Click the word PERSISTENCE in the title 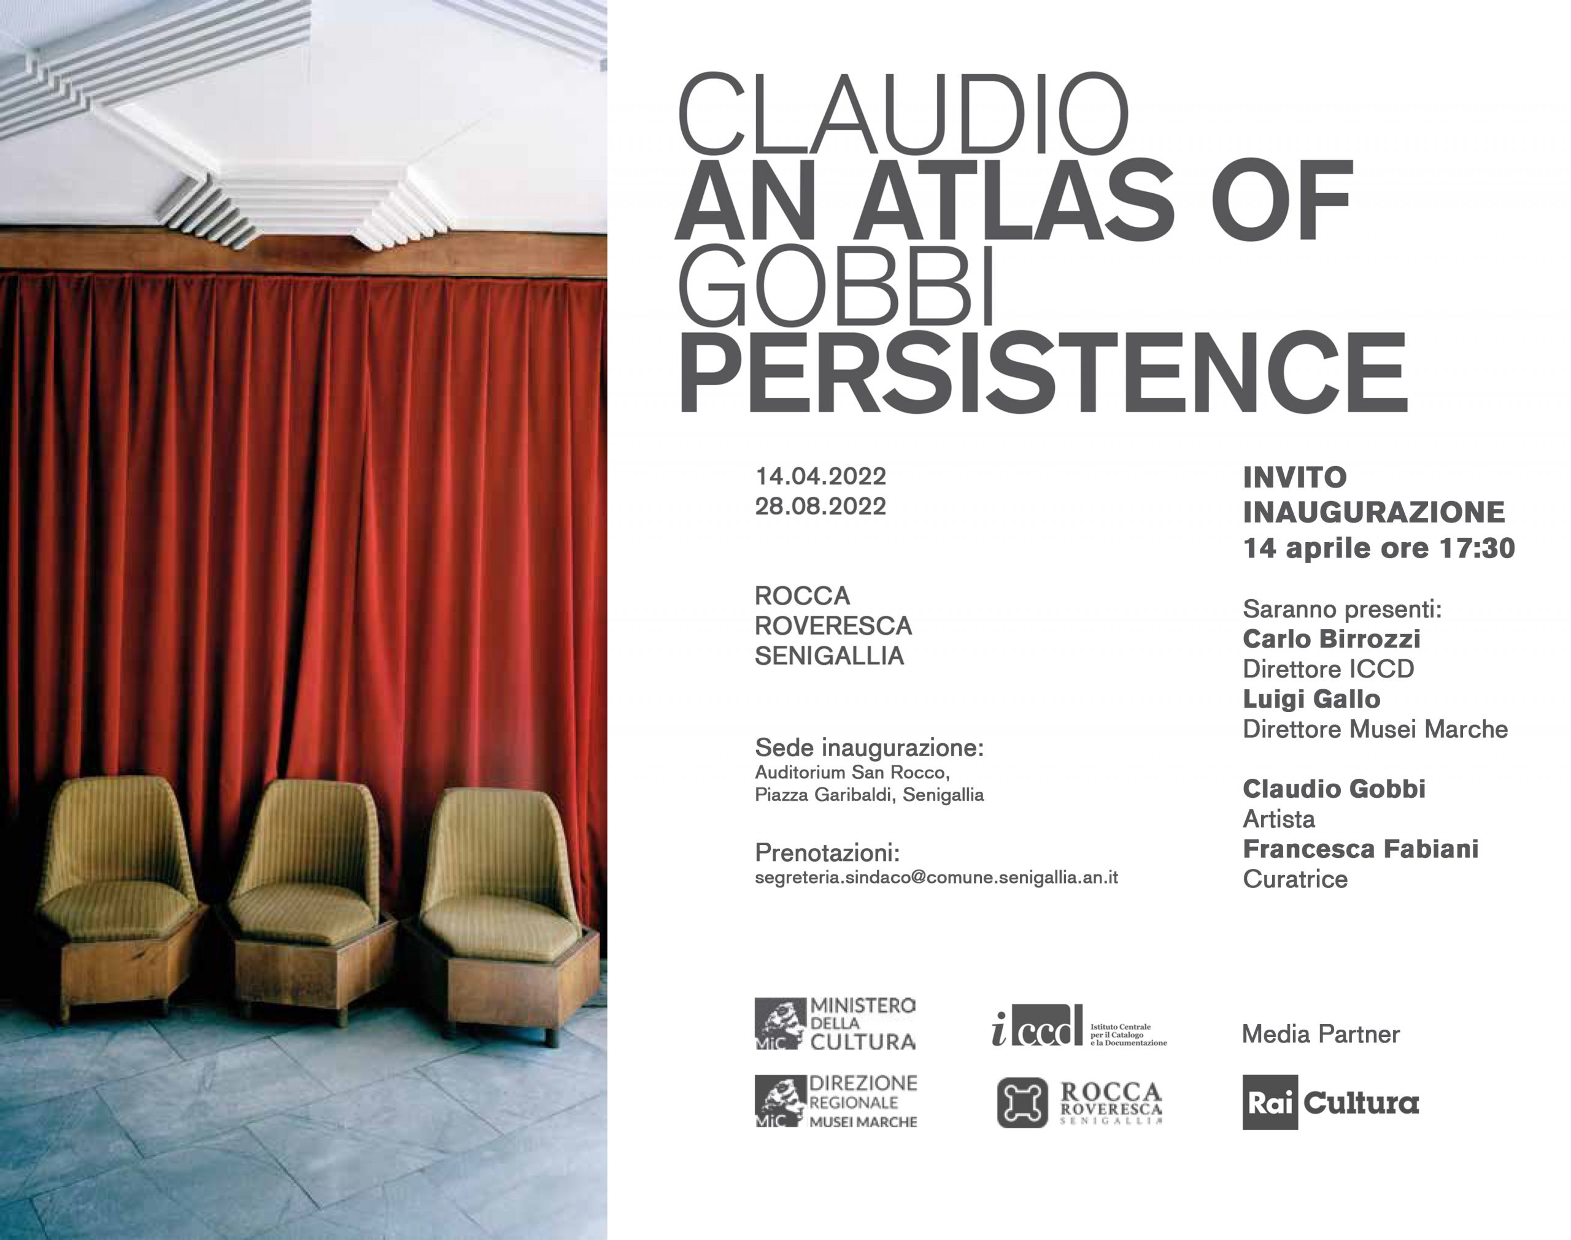tap(1042, 372)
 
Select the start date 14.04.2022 tap(820, 476)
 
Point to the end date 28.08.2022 tap(820, 506)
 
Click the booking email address tap(936, 877)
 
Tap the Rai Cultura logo tap(1330, 1102)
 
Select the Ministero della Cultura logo tap(835, 1024)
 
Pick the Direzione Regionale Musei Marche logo tap(836, 1101)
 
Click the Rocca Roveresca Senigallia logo tap(1079, 1102)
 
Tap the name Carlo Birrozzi tap(1331, 639)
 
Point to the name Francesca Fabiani tap(1361, 849)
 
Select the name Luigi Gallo tap(1311, 699)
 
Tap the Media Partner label tap(1321, 1034)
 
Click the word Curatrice tap(1295, 879)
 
